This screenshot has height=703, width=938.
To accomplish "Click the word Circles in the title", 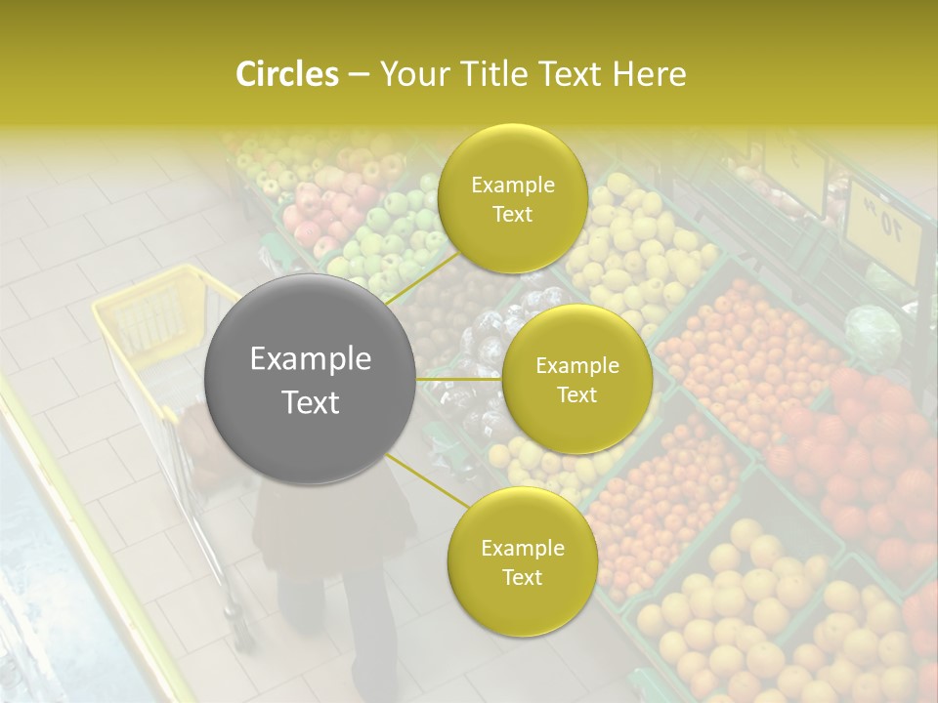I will pos(286,74).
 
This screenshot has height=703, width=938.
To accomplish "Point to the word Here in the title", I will pos(649,74).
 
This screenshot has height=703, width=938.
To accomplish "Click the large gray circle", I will pos(311,379).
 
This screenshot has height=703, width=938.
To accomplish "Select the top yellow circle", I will pos(512,198).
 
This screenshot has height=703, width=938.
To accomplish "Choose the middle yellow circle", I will pos(576,379).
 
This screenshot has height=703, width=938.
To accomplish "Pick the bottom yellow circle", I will pos(522,561).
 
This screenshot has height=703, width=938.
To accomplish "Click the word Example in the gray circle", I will pos(311,359).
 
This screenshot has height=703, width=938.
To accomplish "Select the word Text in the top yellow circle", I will pos(512,214).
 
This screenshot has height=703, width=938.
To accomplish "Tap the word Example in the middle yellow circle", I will pos(576,365).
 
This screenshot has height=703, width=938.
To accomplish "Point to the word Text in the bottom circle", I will pos(522,577).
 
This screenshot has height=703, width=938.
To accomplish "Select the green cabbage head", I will pos(873,333).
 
